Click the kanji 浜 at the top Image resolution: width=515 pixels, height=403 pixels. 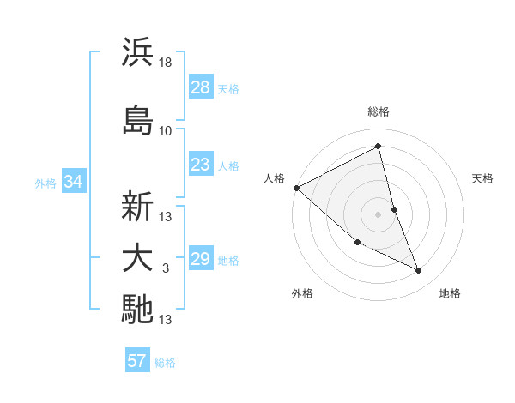(137, 52)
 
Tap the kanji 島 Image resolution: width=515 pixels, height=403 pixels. (137, 120)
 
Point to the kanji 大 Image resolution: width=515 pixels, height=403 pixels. (137, 259)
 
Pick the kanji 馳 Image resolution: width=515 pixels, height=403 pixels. (137, 310)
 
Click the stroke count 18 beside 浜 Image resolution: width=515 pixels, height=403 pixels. (166, 63)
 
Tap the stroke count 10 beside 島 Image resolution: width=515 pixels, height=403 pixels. (166, 131)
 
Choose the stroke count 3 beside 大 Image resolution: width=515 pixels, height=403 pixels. (166, 269)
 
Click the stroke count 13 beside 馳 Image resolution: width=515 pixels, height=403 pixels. (166, 320)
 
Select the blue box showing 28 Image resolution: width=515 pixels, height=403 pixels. (200, 87)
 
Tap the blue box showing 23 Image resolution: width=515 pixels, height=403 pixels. (200, 165)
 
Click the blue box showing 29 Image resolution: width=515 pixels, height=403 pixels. (200, 259)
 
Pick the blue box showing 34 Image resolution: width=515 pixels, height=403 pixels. (73, 181)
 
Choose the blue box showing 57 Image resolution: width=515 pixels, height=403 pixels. (136, 361)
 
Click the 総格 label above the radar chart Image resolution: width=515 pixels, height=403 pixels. (379, 111)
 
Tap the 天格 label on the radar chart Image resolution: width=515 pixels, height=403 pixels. (483, 178)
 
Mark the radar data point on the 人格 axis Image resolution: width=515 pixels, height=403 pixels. (296, 188)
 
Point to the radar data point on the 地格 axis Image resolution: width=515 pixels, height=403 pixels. (419, 271)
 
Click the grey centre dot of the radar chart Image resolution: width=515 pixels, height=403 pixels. (379, 214)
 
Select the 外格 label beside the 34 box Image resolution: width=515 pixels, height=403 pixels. (45, 183)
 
